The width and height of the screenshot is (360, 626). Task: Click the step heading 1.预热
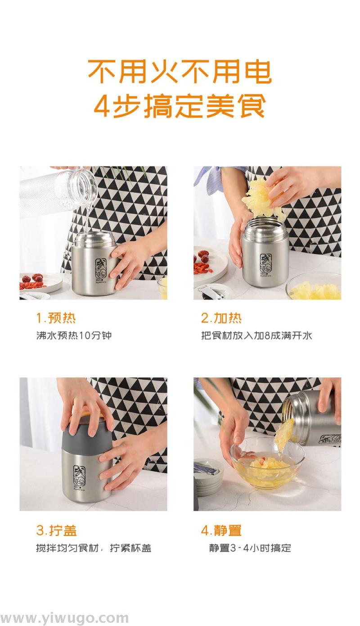click(x=56, y=318)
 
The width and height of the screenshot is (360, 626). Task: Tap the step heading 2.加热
click(x=221, y=318)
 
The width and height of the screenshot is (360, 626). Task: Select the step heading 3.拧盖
click(x=56, y=531)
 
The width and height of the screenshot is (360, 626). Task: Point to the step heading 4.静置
click(x=221, y=531)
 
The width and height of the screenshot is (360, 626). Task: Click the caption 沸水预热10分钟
click(x=74, y=336)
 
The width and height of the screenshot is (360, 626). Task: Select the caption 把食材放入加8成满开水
click(x=256, y=336)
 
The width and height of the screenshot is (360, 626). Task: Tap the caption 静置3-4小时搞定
click(x=250, y=548)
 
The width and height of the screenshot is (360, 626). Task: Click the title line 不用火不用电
click(x=180, y=72)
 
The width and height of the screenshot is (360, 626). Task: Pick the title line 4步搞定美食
click(x=180, y=106)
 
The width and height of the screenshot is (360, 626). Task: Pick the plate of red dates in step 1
click(x=40, y=283)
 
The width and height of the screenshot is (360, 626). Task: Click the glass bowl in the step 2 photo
click(x=315, y=287)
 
